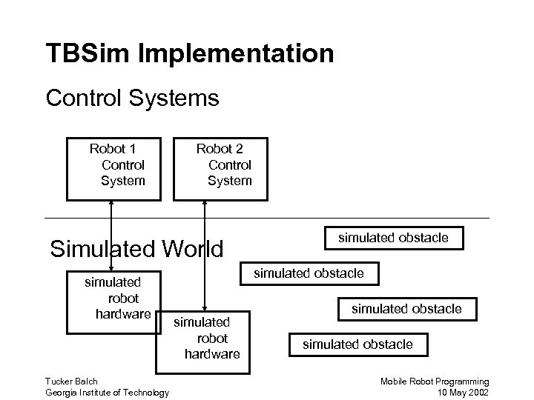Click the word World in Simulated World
[188, 248]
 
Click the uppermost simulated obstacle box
[393, 238]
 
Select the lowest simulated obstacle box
[357, 344]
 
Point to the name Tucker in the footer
[59, 381]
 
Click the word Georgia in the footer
[62, 392]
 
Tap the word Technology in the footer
[145, 392]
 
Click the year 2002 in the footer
[478, 392]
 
